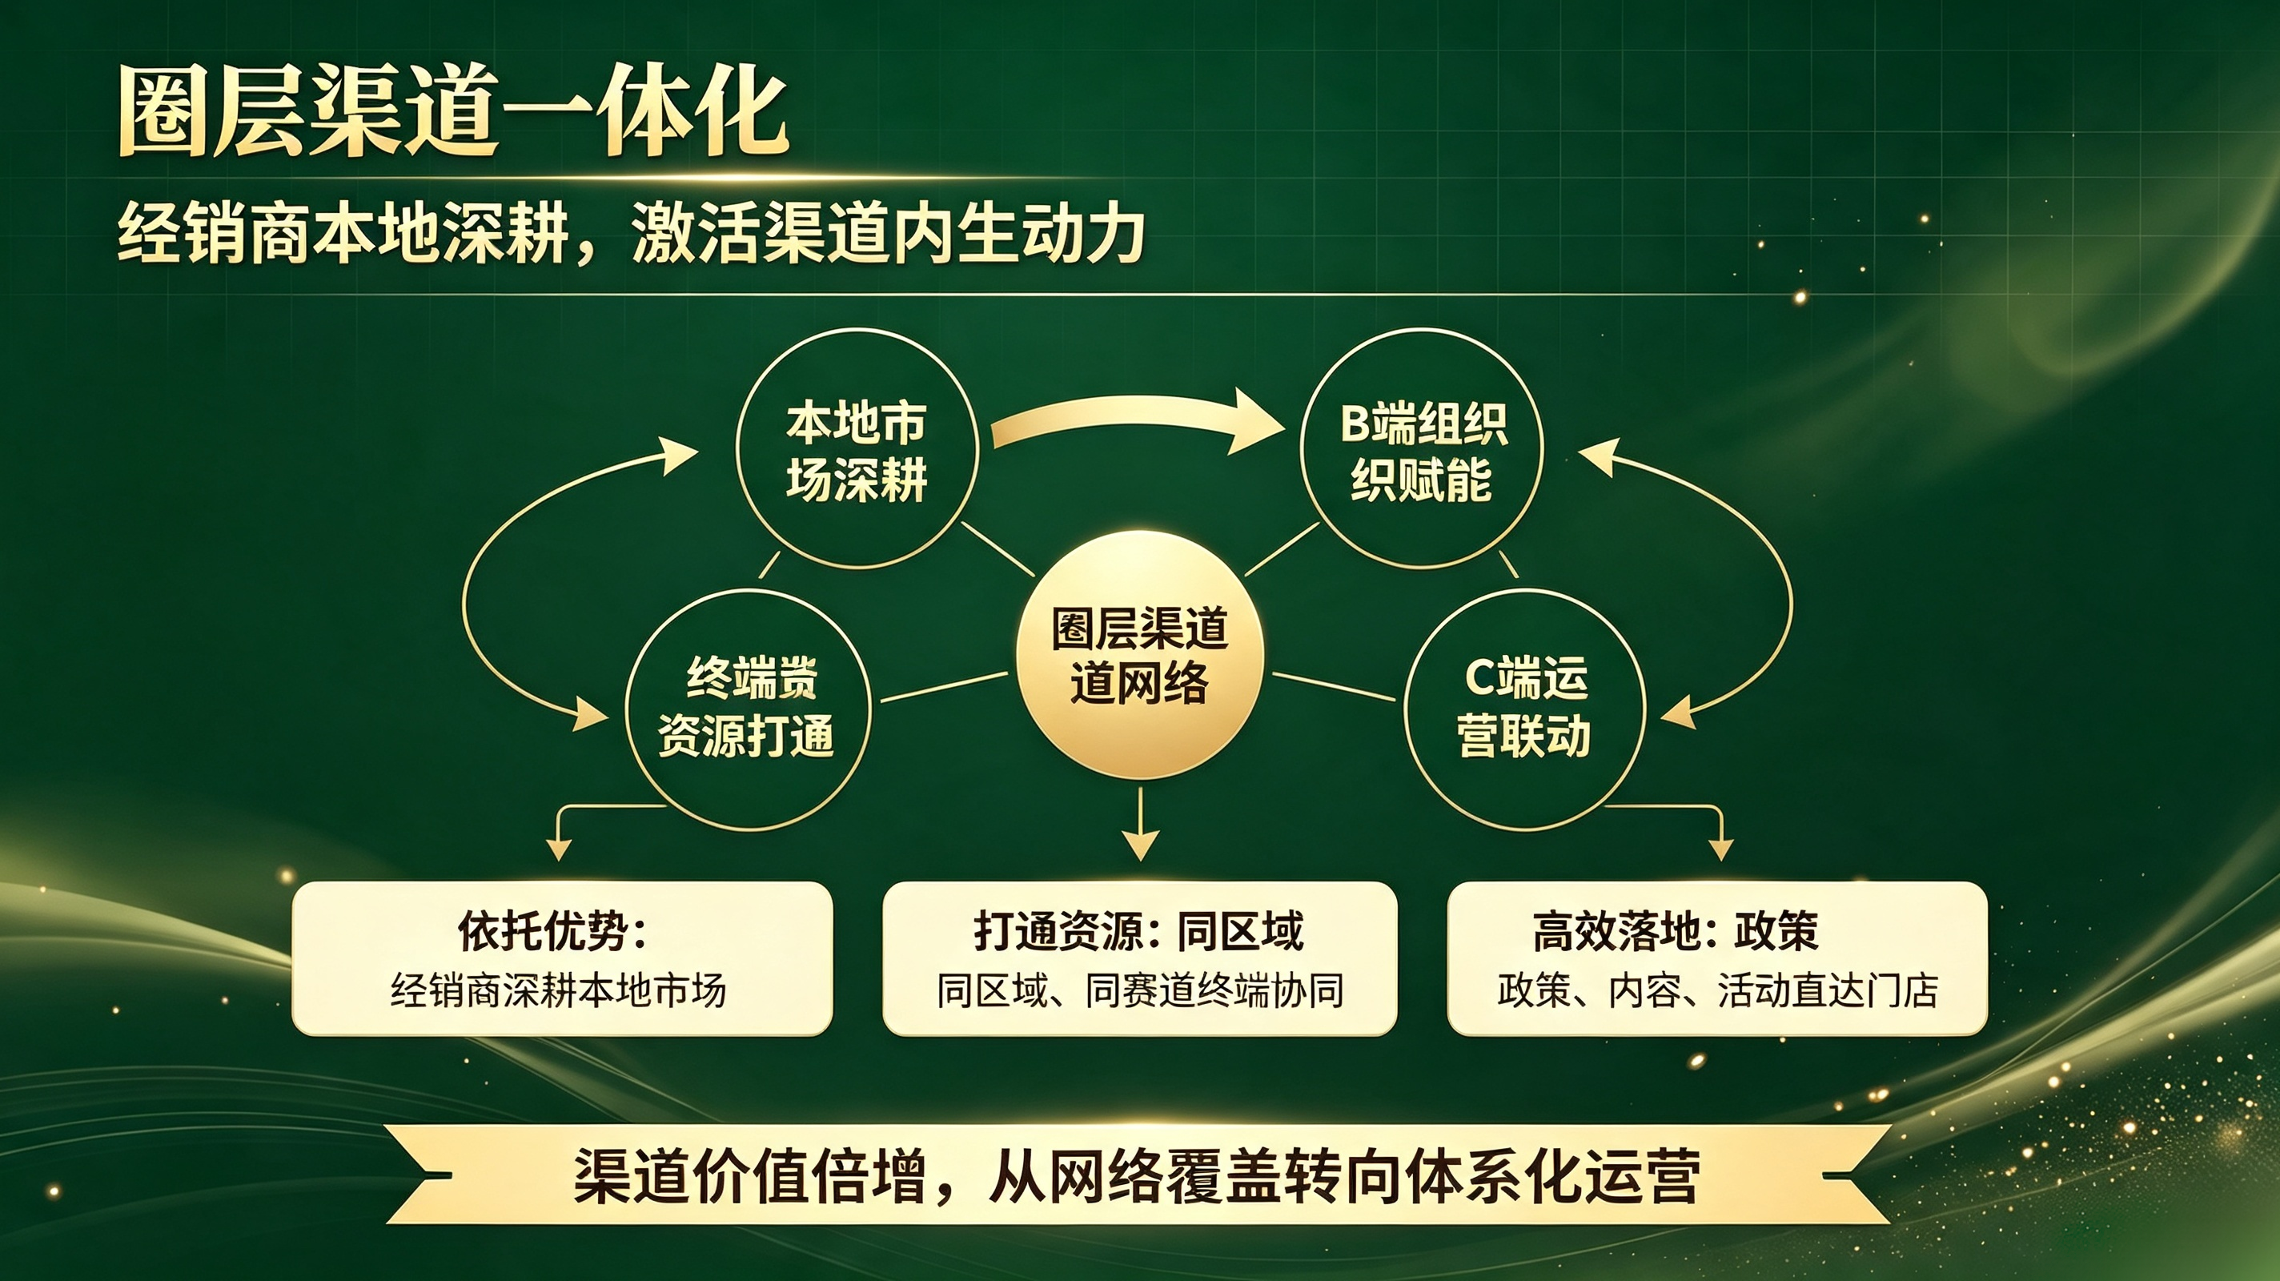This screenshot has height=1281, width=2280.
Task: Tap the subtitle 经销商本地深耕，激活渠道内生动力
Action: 631,234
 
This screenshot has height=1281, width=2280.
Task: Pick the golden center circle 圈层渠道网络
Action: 1139,655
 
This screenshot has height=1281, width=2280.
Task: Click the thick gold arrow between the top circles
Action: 1138,416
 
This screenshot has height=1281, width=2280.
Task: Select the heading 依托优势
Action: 552,931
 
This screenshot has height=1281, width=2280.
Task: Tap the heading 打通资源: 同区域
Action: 1138,931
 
